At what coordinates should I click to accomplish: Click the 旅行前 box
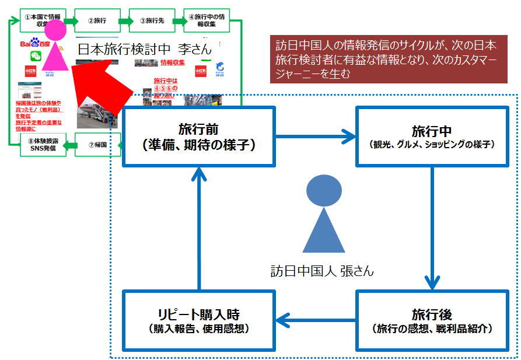click(198, 137)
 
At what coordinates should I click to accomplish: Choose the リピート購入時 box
click(198, 320)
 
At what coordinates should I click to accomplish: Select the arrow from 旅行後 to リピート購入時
click(315, 320)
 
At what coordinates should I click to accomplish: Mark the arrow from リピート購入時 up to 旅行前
click(199, 228)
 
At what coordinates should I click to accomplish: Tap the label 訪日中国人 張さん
click(322, 271)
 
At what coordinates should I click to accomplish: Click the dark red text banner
click(386, 58)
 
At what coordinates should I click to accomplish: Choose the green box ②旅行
click(97, 20)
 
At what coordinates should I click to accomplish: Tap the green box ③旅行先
click(151, 20)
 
